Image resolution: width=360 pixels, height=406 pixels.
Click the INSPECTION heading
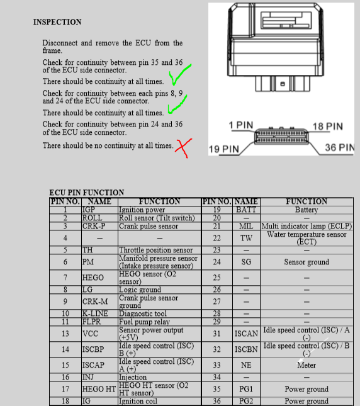pos(57,22)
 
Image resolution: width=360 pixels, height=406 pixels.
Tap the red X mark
pos(183,147)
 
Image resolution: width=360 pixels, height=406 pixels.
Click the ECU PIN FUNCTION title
pos(87,193)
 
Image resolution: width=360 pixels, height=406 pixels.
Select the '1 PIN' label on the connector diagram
pos(241,125)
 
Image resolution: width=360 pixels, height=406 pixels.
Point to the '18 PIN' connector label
pos(328,127)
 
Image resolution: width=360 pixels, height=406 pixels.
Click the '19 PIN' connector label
pos(224,149)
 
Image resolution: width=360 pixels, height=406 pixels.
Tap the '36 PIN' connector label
pos(340,147)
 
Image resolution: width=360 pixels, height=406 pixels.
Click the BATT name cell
pos(246,210)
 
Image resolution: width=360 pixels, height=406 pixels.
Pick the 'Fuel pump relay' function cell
pos(159,322)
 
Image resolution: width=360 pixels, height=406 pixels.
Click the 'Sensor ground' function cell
pos(307,262)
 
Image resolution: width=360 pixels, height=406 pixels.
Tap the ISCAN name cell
pos(246,334)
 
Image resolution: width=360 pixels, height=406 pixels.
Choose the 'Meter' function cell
pos(307,365)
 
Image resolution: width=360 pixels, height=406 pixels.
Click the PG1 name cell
pos(246,389)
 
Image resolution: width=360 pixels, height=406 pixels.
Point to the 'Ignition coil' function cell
pos(159,401)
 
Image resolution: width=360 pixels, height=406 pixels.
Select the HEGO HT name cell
pos(99,389)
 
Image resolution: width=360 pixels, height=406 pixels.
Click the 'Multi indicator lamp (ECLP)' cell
pos(307,226)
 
